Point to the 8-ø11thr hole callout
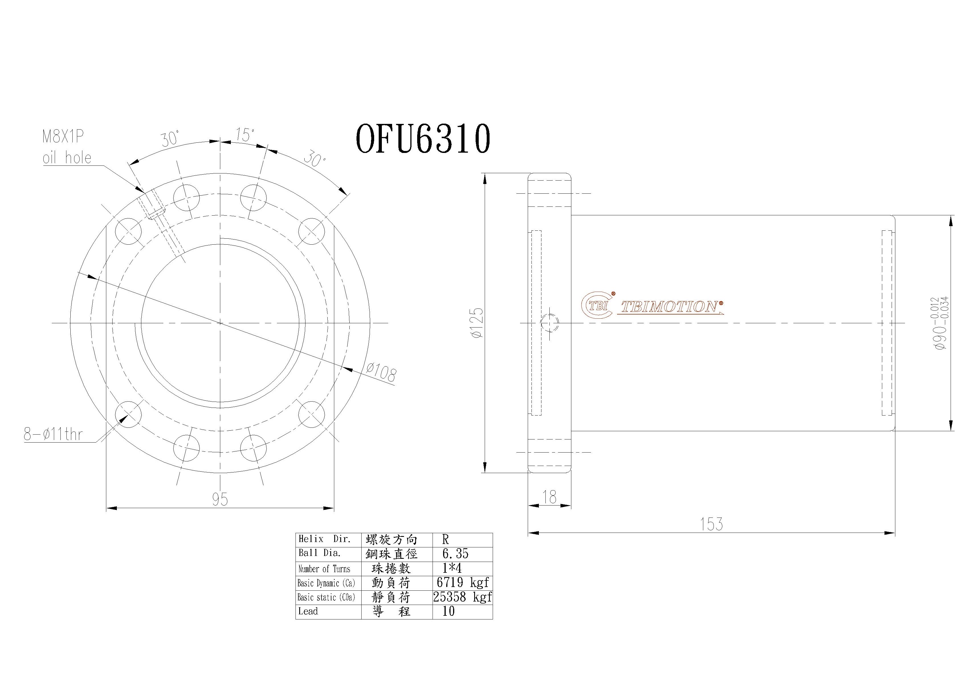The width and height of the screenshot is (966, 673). [x=54, y=434]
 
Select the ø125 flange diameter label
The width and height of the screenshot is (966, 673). [x=478, y=323]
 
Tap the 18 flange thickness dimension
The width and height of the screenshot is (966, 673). [x=549, y=498]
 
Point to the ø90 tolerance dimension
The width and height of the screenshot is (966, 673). [x=940, y=323]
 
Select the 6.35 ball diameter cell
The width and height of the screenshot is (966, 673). [x=455, y=554]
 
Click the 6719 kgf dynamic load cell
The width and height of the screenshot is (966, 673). [x=462, y=582]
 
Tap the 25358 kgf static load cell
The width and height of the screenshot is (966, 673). [x=462, y=597]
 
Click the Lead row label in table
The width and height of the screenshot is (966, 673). [x=308, y=611]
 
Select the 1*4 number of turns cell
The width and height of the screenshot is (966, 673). [x=452, y=568]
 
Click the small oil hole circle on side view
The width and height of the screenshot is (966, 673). [x=549, y=323]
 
